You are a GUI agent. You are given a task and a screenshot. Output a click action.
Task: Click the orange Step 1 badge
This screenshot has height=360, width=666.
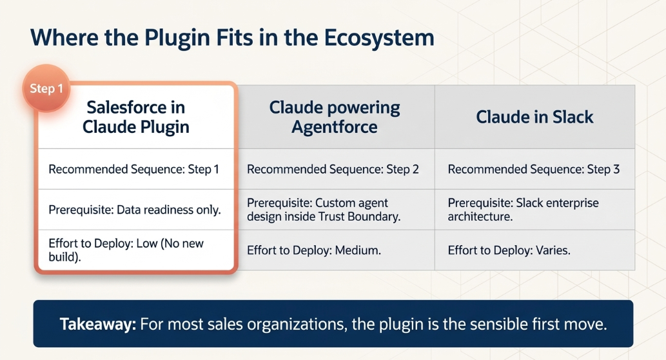pos(46,88)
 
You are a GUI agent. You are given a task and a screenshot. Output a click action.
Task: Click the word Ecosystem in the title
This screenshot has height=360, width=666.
pos(379,38)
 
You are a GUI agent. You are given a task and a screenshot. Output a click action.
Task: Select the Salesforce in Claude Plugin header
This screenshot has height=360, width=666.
pos(136,117)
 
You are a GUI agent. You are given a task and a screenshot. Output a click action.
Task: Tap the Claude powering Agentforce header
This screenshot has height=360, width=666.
pos(335,117)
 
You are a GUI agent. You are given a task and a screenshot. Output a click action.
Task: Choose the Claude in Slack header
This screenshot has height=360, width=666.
pos(534,117)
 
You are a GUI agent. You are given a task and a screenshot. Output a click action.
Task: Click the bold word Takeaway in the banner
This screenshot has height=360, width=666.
pos(98,324)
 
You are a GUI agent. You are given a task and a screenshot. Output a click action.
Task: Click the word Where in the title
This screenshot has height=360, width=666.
pos(64,38)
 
